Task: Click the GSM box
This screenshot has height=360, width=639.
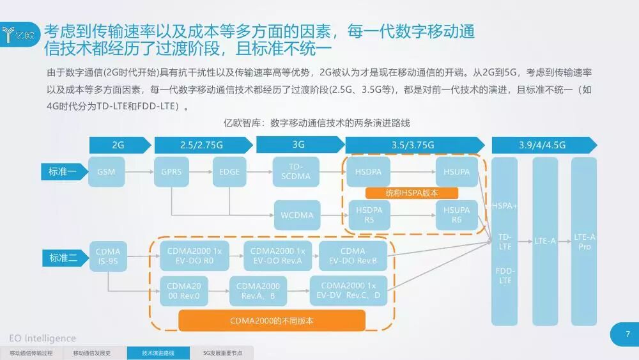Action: (x=106, y=172)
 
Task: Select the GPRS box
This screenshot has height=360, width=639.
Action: (x=171, y=172)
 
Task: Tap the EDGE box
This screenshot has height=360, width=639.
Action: (x=229, y=172)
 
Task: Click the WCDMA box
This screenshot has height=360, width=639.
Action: (x=297, y=215)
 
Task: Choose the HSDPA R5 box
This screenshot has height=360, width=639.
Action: (x=369, y=215)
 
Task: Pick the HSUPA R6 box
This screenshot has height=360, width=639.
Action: (x=456, y=215)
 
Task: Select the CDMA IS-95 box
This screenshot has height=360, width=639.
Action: (x=107, y=256)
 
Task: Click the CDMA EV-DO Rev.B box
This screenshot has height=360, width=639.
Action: (x=353, y=256)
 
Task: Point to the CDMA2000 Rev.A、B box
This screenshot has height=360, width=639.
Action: (x=258, y=291)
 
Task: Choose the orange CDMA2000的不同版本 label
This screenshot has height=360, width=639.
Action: (x=272, y=320)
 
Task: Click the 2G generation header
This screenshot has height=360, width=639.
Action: (x=118, y=145)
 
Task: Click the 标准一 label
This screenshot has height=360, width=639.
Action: (x=63, y=171)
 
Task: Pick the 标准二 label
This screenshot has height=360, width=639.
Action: (x=63, y=258)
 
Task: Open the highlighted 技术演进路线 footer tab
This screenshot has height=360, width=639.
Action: (x=158, y=353)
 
